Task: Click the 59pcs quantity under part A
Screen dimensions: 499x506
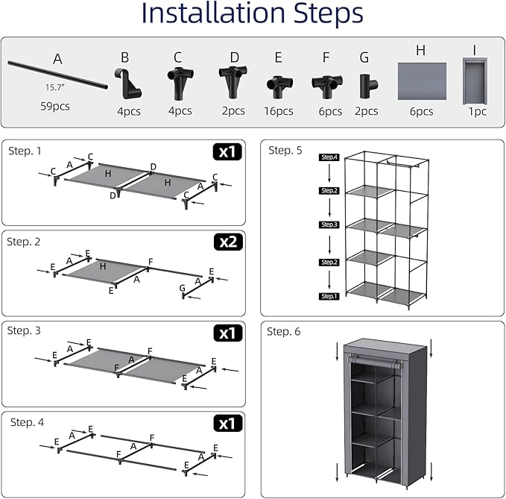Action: pos(55,105)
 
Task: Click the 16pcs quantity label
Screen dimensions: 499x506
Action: pos(279,111)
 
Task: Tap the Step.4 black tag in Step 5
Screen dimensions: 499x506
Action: pos(329,157)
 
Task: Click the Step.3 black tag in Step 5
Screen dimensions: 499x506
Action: pos(329,225)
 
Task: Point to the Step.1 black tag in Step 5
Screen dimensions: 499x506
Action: pos(329,296)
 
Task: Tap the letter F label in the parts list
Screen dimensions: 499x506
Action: pos(326,57)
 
